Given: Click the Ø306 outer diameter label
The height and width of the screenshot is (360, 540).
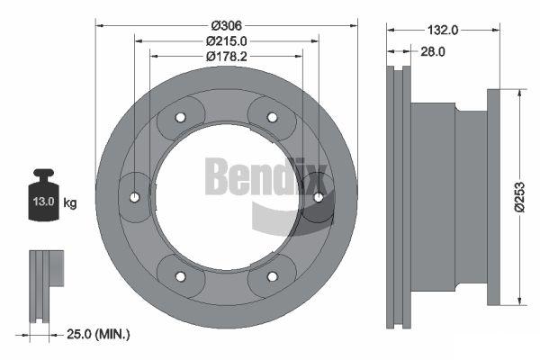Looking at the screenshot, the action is (227, 25).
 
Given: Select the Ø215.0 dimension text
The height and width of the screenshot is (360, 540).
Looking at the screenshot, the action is (227, 41).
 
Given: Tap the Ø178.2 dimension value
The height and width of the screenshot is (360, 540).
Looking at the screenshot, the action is (227, 57).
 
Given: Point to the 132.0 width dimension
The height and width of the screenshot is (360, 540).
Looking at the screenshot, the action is (443, 31).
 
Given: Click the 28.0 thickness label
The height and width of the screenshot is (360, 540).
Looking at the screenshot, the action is (433, 51).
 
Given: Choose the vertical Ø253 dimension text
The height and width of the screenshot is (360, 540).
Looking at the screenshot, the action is (519, 197).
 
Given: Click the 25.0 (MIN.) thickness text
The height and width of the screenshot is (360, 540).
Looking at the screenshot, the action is (98, 334).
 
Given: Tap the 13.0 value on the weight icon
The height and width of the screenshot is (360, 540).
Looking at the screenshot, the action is (44, 202).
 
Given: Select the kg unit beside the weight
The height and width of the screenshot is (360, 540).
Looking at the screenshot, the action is (70, 203).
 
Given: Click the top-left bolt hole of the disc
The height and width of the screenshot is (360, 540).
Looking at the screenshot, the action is (180, 118).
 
